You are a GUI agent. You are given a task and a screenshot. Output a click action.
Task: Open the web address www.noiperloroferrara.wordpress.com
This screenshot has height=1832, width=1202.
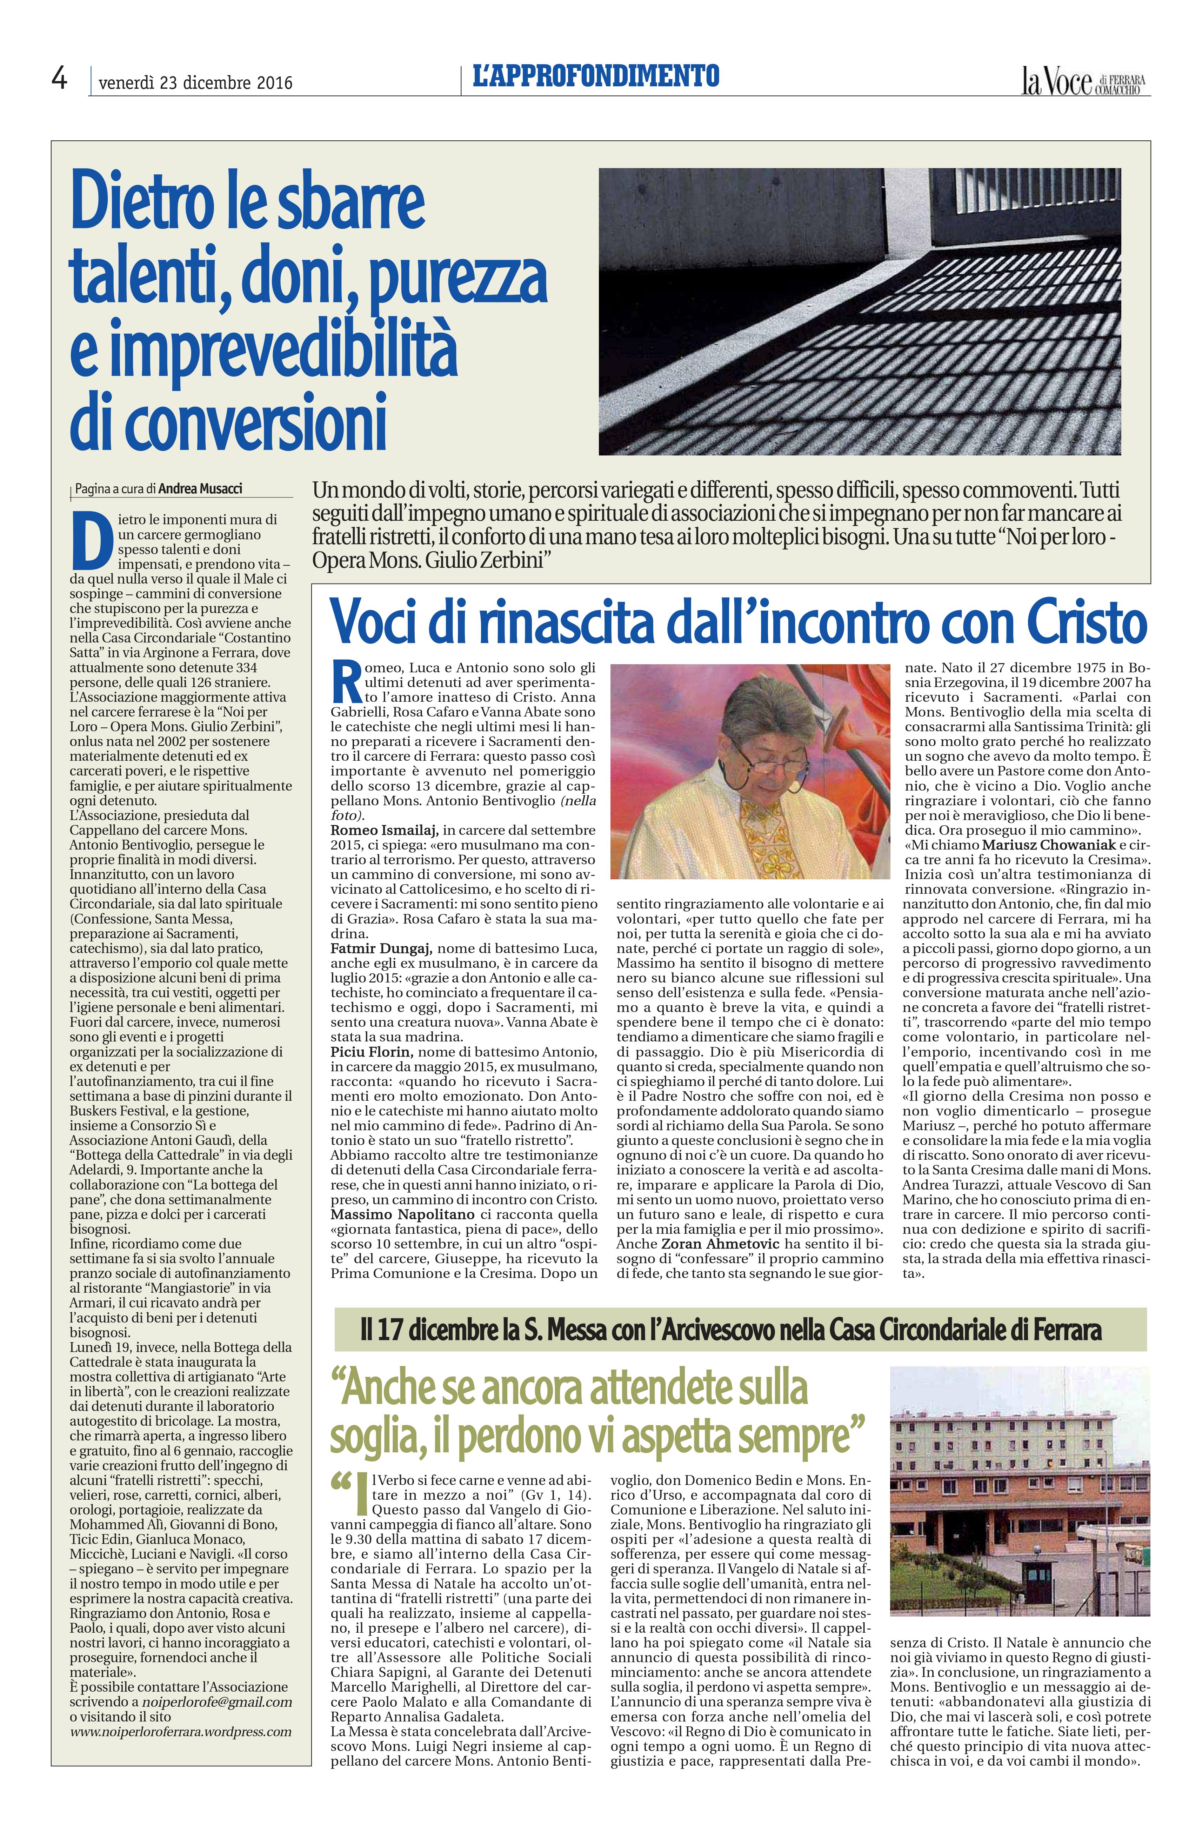(x=181, y=1732)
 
